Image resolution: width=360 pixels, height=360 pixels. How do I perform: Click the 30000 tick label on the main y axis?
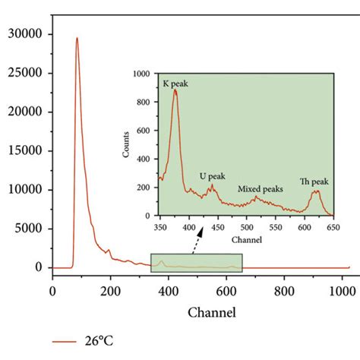(23, 35)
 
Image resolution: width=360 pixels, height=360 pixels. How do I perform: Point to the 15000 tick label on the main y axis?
(23, 151)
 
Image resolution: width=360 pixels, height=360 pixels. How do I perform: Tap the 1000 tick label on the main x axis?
(342, 289)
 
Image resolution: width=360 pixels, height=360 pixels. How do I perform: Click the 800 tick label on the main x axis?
(284, 289)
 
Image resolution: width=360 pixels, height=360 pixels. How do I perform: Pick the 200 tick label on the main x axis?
(110, 289)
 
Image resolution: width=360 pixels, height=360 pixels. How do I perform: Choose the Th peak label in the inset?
(314, 182)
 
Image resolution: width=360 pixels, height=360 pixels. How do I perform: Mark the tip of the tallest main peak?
(77, 38)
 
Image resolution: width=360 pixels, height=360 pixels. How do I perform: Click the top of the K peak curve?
(175, 90)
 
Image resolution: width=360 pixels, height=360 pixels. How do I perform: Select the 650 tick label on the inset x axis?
(333, 227)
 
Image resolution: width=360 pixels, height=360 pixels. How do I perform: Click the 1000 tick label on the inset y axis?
(144, 74)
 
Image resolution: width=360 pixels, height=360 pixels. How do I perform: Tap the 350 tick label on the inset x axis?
(160, 227)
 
